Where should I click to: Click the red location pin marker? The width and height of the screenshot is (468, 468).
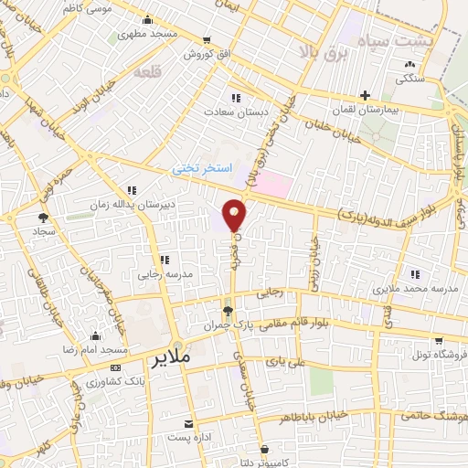click(235, 214)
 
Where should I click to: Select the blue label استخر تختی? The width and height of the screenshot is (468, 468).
click(203, 170)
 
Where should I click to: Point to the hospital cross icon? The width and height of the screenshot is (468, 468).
click(365, 95)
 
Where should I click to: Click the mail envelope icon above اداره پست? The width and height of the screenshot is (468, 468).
click(189, 424)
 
